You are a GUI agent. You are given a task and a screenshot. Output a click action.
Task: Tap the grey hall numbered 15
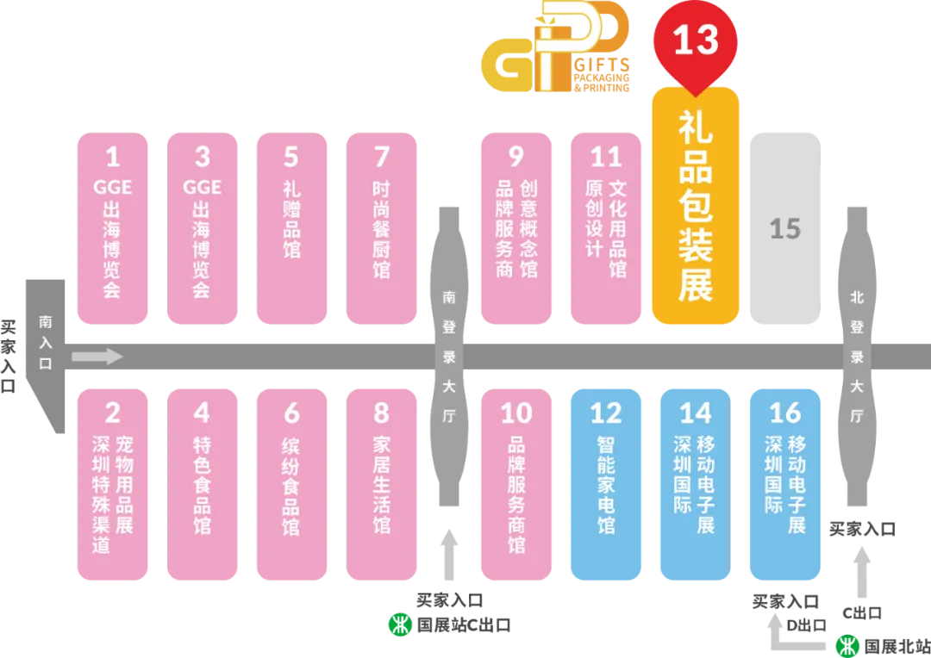point(785,228)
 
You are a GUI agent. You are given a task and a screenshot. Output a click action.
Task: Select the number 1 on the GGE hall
point(112,158)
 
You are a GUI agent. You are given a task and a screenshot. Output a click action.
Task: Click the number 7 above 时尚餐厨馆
point(381,158)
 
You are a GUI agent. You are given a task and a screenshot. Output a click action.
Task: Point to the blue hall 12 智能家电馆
point(606,484)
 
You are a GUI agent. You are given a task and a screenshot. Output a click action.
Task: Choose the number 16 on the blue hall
point(785,413)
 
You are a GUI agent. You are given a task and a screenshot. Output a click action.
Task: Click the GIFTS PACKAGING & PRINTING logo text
point(602,75)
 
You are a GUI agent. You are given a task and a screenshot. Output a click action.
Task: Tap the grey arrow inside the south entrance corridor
point(97,357)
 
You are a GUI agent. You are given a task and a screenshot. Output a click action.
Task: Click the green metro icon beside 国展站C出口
point(400,624)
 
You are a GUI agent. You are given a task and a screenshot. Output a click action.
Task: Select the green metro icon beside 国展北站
point(847,646)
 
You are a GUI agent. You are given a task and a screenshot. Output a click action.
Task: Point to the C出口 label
point(861,613)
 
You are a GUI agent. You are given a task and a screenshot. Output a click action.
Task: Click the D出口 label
point(806,625)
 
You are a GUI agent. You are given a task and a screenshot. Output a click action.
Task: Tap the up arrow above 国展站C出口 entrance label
point(449,554)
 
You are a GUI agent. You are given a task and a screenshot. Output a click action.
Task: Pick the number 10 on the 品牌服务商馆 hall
point(516,413)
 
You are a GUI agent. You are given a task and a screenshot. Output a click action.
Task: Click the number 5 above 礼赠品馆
point(291,158)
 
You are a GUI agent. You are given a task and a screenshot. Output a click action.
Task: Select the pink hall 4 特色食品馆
point(202,484)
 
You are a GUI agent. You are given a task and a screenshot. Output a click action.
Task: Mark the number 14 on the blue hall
point(696,413)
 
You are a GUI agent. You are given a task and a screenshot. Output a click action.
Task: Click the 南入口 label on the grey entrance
point(46,343)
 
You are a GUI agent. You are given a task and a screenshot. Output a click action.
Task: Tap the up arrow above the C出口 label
point(862,572)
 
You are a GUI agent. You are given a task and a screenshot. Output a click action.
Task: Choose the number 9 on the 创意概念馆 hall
point(516,158)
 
